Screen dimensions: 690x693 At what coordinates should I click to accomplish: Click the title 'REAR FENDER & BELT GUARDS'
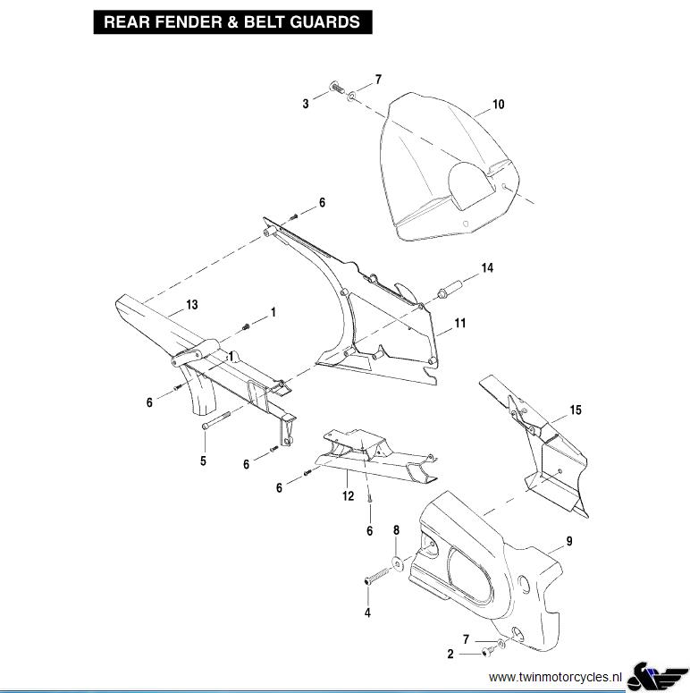coord(231,22)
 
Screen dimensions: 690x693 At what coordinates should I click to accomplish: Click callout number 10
coord(499,105)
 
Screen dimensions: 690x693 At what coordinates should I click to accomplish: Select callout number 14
coord(487,268)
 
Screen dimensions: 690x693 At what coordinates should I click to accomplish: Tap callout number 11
coord(460,323)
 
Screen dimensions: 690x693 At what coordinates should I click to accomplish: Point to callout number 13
coord(192,305)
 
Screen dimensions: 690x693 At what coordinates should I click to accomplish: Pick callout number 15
coord(576,410)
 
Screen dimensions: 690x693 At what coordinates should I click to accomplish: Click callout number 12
coord(348,496)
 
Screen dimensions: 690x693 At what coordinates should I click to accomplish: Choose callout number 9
coord(569,541)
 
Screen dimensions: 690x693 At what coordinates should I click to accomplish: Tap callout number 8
coord(396,530)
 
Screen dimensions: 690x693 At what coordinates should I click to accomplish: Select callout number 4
coord(367,613)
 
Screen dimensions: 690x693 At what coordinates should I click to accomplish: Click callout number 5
coord(203,461)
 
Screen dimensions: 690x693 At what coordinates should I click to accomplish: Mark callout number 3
coord(306,104)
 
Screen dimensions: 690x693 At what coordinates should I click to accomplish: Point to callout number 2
coord(450,654)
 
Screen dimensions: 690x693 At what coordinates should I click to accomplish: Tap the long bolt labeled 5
coord(216,420)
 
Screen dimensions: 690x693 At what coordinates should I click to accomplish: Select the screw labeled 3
coord(337,87)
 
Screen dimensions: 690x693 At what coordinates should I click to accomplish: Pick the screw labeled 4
coord(378,577)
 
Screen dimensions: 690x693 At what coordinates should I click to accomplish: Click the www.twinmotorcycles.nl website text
coord(555,677)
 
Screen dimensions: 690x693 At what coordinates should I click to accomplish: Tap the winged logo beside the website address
coord(657,676)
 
